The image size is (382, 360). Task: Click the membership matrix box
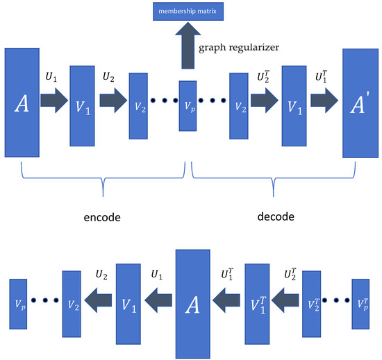coord(185,12)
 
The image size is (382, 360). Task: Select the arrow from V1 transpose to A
coord(226,300)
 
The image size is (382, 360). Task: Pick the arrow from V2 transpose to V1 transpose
coord(285,300)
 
